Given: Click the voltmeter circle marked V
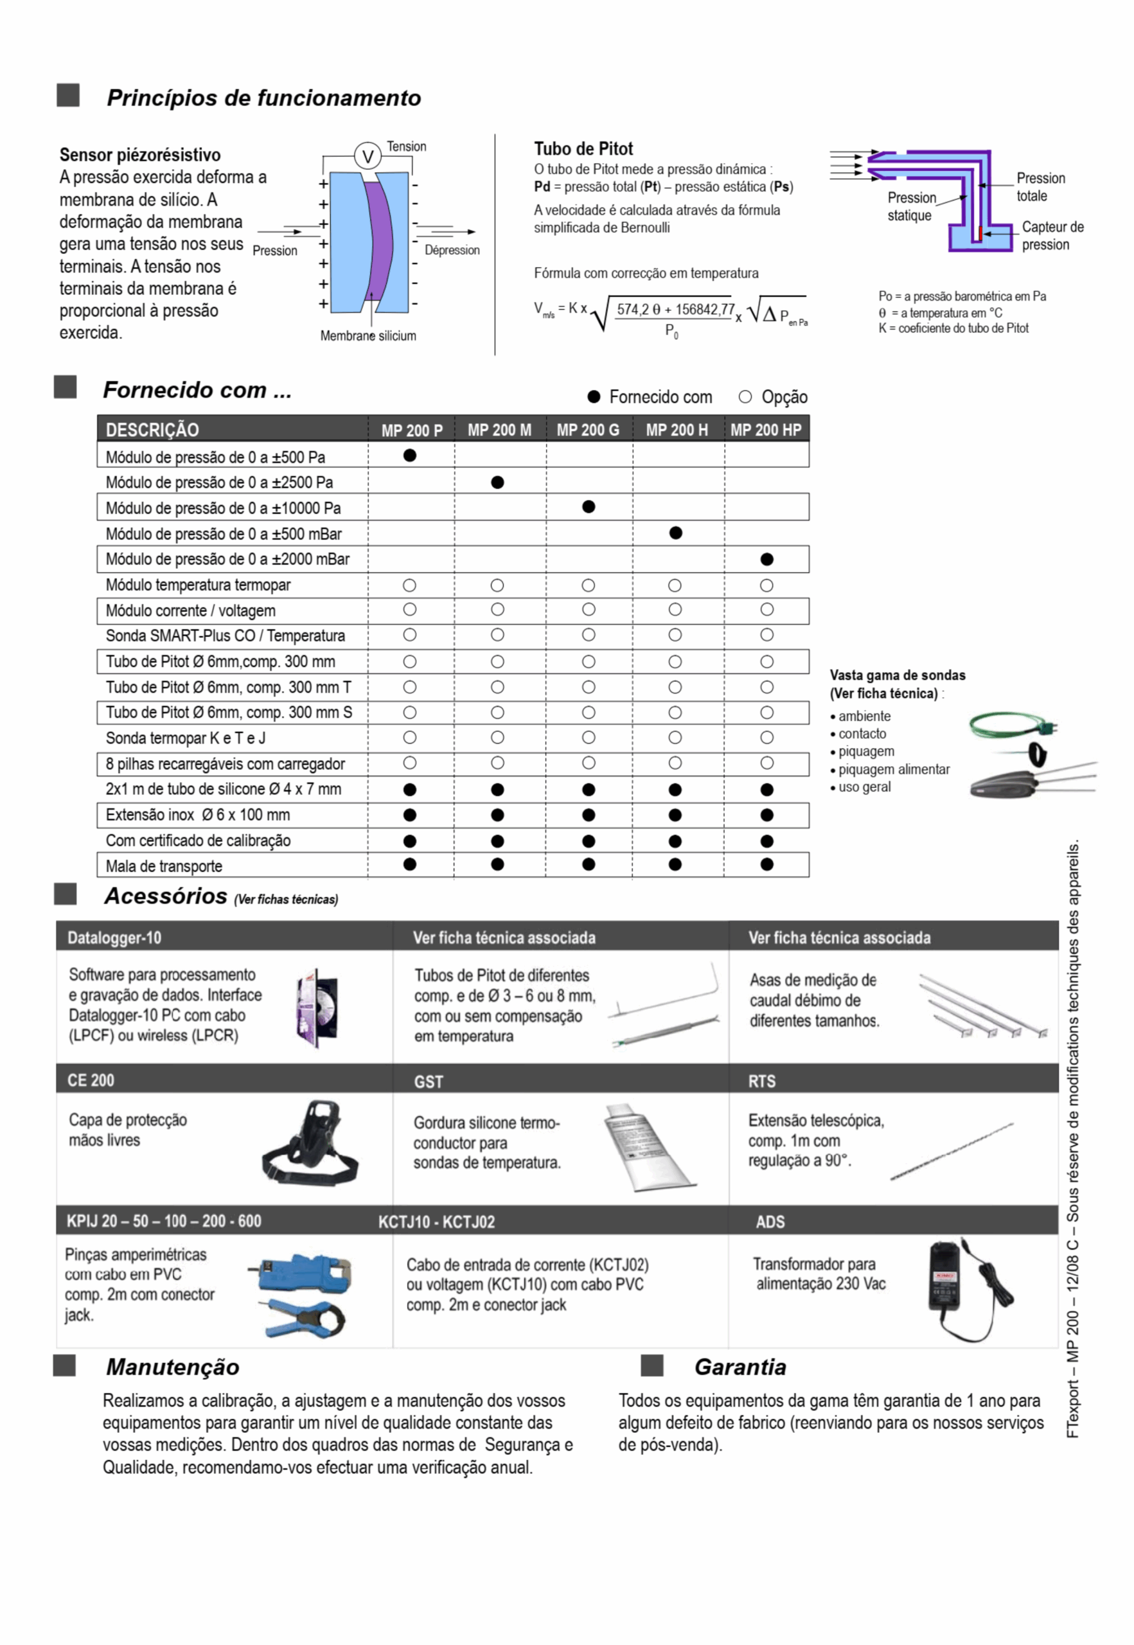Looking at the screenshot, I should click(368, 156).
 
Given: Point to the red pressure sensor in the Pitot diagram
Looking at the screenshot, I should click(979, 233).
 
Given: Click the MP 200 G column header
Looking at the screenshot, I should click(588, 430).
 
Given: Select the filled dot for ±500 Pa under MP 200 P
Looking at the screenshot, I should click(409, 456).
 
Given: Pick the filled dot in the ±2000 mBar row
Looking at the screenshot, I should click(766, 559).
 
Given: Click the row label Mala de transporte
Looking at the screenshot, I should click(164, 866).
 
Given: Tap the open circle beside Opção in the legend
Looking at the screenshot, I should click(745, 396).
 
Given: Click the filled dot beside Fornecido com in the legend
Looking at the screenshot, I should click(594, 396).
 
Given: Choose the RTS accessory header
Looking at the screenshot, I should click(762, 1081).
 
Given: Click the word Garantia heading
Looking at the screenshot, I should click(740, 1367).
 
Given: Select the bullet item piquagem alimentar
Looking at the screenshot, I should click(893, 770).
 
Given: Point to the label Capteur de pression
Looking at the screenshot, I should click(1052, 235).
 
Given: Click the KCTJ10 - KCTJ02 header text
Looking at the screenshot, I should click(436, 1222).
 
